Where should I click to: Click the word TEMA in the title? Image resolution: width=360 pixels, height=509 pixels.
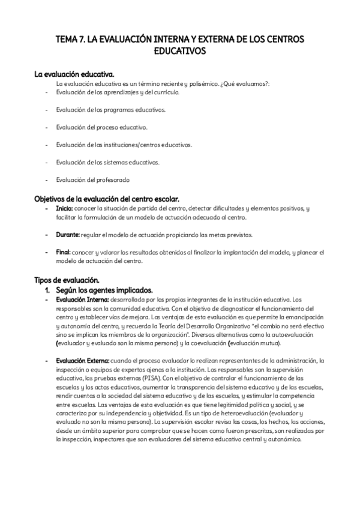tap(66, 40)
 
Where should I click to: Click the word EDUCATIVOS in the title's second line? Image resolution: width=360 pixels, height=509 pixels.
tap(180, 52)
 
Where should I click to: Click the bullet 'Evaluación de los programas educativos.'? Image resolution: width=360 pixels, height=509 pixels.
tap(111, 110)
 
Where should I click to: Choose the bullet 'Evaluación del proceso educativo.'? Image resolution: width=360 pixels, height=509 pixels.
tap(101, 127)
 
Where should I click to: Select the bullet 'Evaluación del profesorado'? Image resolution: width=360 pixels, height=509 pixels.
tap(93, 179)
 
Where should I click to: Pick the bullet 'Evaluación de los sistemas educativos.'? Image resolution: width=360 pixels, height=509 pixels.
tap(108, 162)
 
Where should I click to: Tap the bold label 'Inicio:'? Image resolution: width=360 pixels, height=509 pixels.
tap(64, 208)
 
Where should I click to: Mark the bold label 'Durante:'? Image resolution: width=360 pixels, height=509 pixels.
tap(67, 234)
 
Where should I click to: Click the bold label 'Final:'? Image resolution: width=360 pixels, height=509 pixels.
tap(63, 252)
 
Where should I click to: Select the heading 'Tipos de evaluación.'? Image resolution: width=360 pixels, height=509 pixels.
tap(67, 280)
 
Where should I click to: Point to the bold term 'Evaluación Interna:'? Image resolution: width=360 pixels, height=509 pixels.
tap(82, 299)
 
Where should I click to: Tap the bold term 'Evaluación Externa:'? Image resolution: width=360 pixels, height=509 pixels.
tap(83, 360)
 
